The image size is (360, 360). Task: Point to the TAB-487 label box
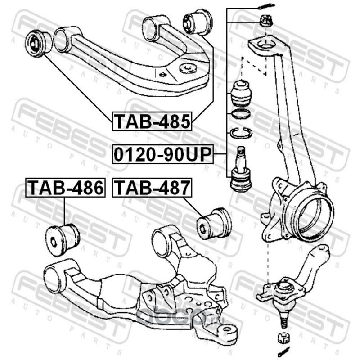(152, 188)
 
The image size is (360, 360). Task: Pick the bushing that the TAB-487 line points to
(215, 221)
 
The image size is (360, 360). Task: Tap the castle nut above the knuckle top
(265, 20)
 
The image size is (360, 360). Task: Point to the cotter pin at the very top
(265, 6)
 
